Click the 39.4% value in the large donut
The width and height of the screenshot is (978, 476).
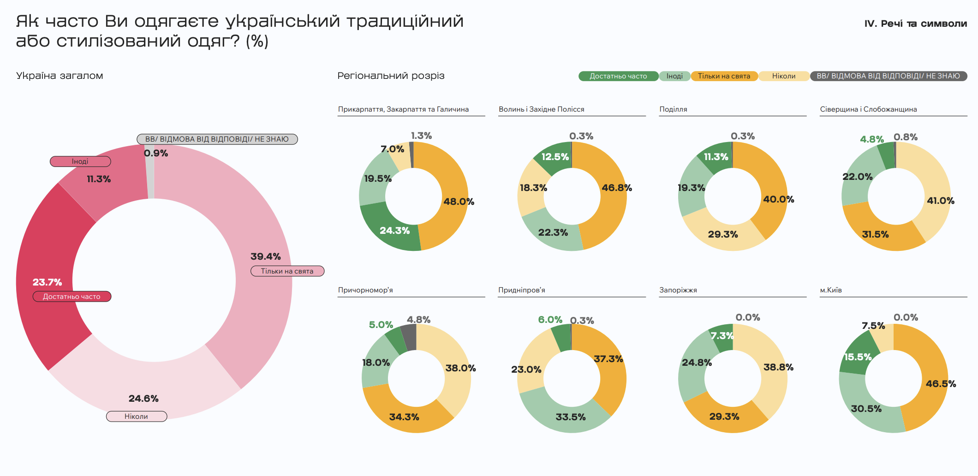(x=265, y=256)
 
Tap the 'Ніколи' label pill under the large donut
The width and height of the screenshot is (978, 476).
(x=137, y=416)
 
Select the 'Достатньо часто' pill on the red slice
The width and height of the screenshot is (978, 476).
(x=72, y=297)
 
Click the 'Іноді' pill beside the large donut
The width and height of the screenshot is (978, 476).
(x=80, y=161)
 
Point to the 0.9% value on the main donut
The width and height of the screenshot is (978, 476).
(x=156, y=153)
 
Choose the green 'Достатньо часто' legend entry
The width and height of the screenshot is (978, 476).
(x=618, y=76)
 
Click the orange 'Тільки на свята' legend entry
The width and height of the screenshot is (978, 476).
(x=724, y=76)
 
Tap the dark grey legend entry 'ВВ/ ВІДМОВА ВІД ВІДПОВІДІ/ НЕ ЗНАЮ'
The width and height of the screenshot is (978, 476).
(x=888, y=76)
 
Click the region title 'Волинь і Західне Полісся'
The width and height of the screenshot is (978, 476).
(x=541, y=109)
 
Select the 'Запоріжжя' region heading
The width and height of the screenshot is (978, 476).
(x=678, y=290)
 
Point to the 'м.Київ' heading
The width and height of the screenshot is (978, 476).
(x=830, y=290)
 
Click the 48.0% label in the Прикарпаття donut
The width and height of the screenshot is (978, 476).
(x=459, y=202)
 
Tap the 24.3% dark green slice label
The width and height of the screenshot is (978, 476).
(x=394, y=231)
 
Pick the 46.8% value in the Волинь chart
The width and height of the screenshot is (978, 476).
(x=616, y=188)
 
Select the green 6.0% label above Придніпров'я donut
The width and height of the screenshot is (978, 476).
(x=550, y=320)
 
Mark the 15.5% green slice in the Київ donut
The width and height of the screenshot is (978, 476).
(x=858, y=357)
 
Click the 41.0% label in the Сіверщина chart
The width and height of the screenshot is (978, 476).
(x=940, y=201)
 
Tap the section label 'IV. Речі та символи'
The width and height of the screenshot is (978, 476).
(x=915, y=24)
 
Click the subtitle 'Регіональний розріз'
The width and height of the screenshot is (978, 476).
(x=391, y=76)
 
